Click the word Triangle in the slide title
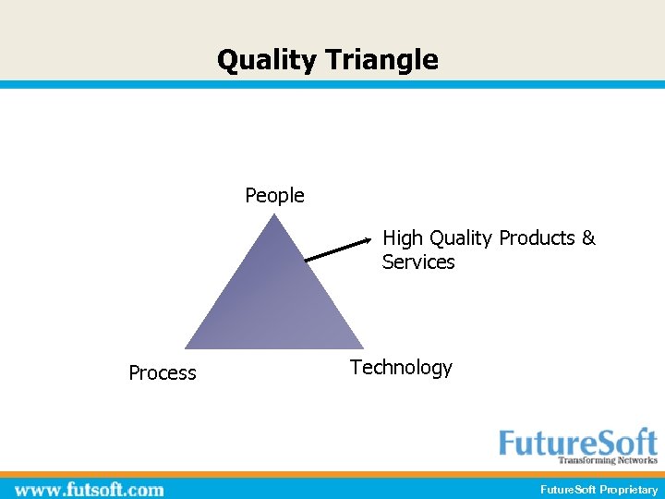tap(381, 61)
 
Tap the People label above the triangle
tap(274, 196)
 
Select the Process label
tap(163, 373)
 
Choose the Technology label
tap(401, 368)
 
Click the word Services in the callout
tap(418, 262)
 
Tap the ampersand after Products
tap(588, 238)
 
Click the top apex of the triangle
tap(274, 214)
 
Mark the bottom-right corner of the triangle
tap(364, 348)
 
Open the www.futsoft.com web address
tap(90, 489)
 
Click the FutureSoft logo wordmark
tap(578, 442)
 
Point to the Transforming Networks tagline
tap(607, 460)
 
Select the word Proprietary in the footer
tap(629, 490)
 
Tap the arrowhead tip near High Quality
tap(370, 240)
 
